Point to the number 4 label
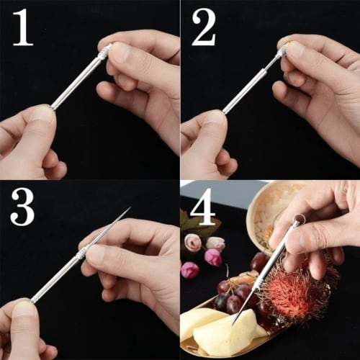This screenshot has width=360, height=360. pos(204,209)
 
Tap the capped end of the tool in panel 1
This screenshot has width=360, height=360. pos(106,50)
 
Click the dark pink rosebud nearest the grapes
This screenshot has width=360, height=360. pos(189,270)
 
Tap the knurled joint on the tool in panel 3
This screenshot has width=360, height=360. pos(82,251)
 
